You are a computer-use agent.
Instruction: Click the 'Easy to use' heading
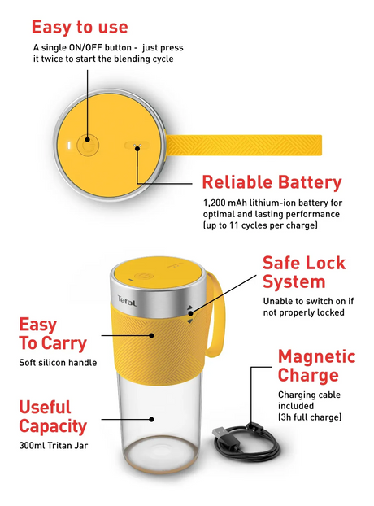click(x=80, y=27)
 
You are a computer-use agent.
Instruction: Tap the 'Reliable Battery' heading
click(x=272, y=182)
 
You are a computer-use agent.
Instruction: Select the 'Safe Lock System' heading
click(x=304, y=272)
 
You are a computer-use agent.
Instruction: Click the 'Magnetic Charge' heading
click(x=316, y=365)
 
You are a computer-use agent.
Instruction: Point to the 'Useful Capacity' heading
click(x=53, y=417)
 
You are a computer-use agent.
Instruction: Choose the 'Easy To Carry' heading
click(x=53, y=334)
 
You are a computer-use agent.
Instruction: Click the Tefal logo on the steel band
click(x=127, y=301)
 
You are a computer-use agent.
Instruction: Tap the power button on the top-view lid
click(x=87, y=145)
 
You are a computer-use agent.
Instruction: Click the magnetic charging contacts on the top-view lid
click(x=137, y=146)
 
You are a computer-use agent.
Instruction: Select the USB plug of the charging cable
click(x=220, y=433)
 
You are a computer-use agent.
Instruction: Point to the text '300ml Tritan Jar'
click(x=53, y=446)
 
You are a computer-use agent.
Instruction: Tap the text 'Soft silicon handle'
click(x=58, y=362)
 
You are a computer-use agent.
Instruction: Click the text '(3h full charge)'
click(x=310, y=417)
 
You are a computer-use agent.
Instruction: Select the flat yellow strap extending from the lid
click(x=244, y=146)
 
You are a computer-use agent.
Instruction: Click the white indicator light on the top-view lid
click(x=68, y=146)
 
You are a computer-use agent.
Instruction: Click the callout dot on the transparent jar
click(x=151, y=419)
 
